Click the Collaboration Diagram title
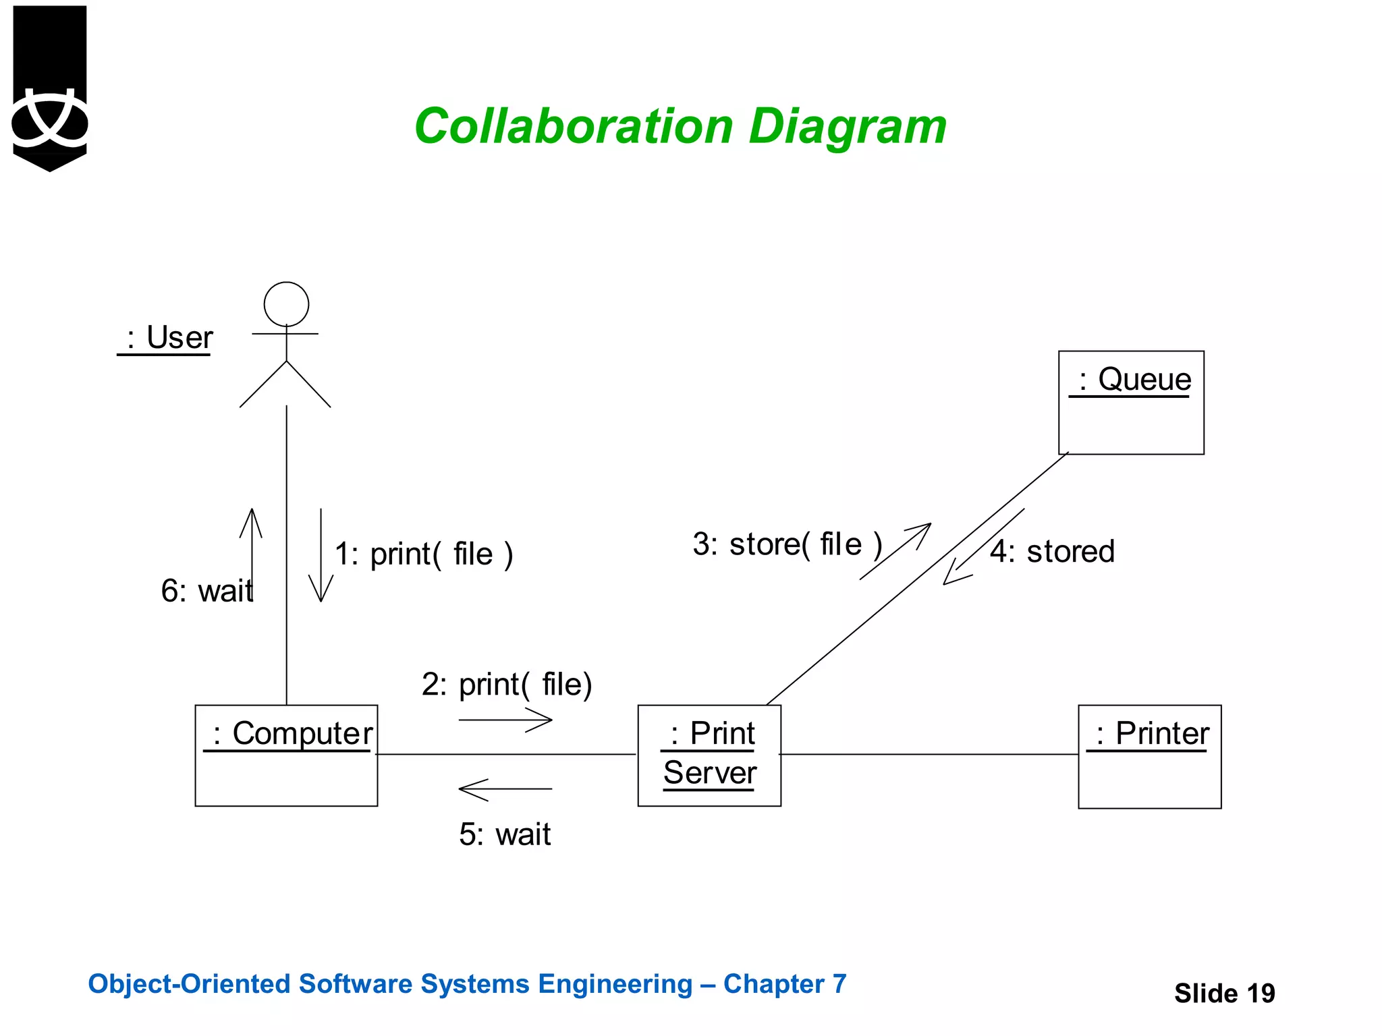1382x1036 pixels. [x=680, y=127]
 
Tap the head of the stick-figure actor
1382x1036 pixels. [x=286, y=304]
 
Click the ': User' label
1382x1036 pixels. [x=166, y=337]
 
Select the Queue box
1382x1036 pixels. [x=1131, y=403]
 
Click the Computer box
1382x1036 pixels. [x=286, y=755]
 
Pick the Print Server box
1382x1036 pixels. [x=709, y=755]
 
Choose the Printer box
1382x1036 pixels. [x=1149, y=756]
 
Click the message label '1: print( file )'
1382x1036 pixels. [x=424, y=554]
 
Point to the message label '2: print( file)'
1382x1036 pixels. [x=507, y=685]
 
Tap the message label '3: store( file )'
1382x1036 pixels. [x=787, y=544]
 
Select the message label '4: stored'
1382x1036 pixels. [x=1052, y=552]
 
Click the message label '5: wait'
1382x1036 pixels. [x=505, y=835]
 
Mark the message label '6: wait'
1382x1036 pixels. [x=206, y=592]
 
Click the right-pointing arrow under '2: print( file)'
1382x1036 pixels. [x=505, y=720]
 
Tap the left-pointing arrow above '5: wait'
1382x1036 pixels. [x=505, y=789]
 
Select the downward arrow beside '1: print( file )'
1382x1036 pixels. [x=321, y=555]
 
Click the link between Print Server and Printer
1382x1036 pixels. [x=929, y=755]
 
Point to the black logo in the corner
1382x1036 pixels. [x=50, y=88]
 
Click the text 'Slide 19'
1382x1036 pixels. [x=1224, y=994]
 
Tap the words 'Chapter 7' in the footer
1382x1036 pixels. [x=784, y=984]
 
